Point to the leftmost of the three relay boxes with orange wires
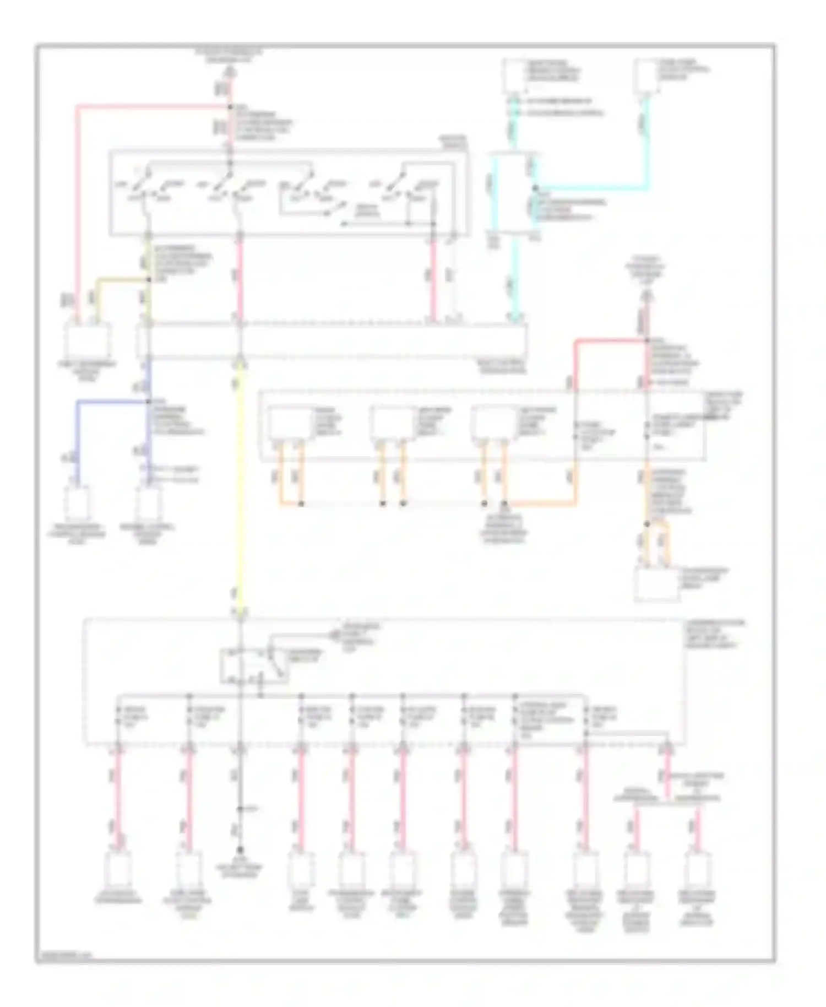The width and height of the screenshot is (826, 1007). coord(289,424)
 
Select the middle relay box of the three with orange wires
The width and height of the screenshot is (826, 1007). coord(391,424)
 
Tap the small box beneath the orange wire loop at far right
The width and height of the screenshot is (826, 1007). coord(656,584)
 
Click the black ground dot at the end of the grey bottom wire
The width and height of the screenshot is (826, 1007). coord(240,851)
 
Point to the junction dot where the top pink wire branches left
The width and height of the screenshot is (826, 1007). coord(230,106)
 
